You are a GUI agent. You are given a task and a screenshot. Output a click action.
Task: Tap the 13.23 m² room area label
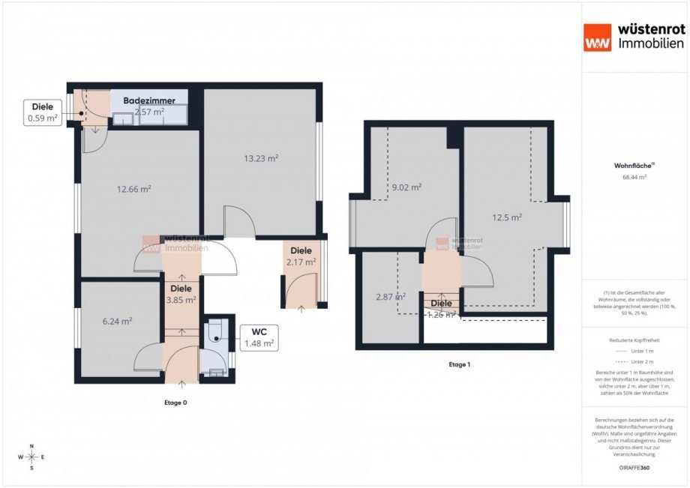[x=261, y=158]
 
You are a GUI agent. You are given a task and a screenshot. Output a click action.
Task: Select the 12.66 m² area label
[x=134, y=189]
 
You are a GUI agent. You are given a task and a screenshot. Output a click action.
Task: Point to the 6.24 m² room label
[x=117, y=321]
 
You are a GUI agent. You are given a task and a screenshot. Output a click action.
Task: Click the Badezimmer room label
[x=149, y=100]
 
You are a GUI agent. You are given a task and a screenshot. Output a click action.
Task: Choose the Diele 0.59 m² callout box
[x=43, y=112]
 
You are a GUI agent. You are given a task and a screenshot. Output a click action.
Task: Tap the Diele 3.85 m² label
[x=181, y=294]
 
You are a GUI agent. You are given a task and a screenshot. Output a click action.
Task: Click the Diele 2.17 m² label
[x=301, y=256]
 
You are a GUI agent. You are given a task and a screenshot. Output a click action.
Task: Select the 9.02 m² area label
[x=406, y=187]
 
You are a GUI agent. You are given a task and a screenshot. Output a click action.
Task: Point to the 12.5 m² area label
[x=507, y=217]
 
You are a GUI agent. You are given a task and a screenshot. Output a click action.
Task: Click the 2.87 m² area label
[x=390, y=297]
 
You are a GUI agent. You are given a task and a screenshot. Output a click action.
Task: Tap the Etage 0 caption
[x=175, y=403]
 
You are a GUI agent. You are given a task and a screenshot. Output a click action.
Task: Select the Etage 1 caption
[x=459, y=364]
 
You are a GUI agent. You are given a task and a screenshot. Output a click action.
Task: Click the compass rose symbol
[x=31, y=457]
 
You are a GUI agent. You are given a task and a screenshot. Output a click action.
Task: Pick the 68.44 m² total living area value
[x=634, y=178]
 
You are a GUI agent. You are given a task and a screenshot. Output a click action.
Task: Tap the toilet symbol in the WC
[x=216, y=333]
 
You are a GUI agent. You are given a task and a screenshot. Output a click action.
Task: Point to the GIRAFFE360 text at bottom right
[x=634, y=466]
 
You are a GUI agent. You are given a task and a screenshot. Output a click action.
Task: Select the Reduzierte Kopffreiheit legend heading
[x=634, y=340]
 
